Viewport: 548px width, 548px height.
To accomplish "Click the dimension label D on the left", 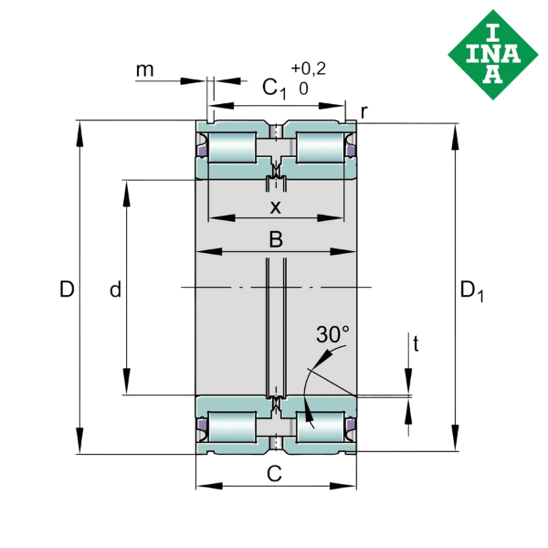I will pyautogui.click(x=67, y=290).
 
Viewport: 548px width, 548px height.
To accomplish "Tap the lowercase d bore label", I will pyautogui.click(x=115, y=290).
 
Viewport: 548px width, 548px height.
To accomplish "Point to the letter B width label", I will pyautogui.click(x=275, y=239).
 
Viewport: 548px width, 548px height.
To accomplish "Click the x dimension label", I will pyautogui.click(x=275, y=207).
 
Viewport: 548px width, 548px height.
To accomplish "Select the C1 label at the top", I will pyautogui.click(x=273, y=88).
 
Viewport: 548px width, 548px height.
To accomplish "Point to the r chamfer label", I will pyautogui.click(x=364, y=111).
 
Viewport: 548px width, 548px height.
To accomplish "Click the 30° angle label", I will pyautogui.click(x=332, y=335).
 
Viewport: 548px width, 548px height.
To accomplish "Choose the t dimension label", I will pyautogui.click(x=416, y=344).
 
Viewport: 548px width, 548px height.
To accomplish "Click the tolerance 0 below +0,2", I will pyautogui.click(x=302, y=90).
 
